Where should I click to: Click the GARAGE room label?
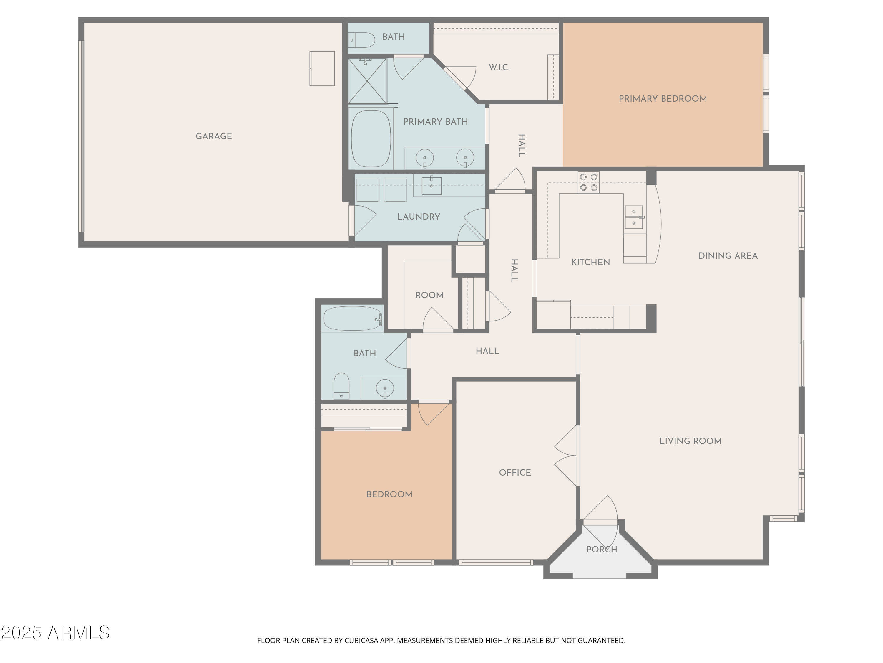tap(214, 136)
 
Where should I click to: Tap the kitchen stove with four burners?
tap(588, 182)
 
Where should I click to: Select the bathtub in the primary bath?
tap(371, 139)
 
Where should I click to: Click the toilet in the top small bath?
tap(362, 40)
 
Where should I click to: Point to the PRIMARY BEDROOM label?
tap(662, 99)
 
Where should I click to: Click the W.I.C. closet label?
tap(499, 67)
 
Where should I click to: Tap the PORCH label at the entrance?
tap(602, 550)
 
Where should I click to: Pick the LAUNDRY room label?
tap(418, 217)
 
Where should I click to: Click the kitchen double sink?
tap(633, 217)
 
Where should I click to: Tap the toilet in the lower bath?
tap(341, 386)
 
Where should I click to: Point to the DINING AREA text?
tap(728, 256)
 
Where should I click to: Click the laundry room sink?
tap(431, 186)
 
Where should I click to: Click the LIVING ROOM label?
tap(690, 441)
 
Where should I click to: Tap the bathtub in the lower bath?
tap(353, 319)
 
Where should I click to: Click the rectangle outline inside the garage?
tap(322, 68)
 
